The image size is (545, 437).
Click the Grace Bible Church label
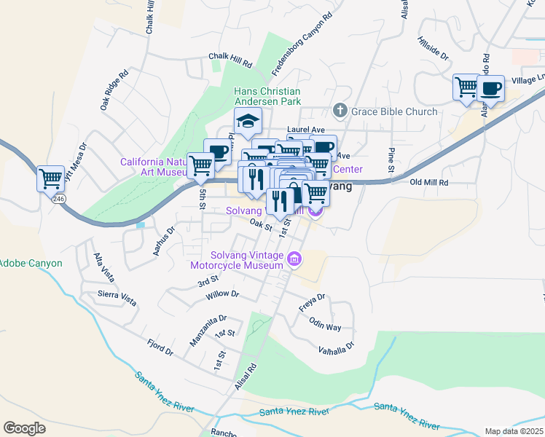coord(394,111)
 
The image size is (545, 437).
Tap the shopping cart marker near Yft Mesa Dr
coord(50,178)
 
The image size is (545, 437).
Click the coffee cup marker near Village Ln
coord(490,89)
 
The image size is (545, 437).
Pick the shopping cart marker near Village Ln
coord(466,88)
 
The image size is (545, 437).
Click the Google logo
coord(24,428)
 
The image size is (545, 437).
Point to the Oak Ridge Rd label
coord(115,90)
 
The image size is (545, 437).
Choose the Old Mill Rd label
coord(429,182)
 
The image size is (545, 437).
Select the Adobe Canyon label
coord(31,263)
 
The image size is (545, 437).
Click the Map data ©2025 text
coord(513,431)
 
